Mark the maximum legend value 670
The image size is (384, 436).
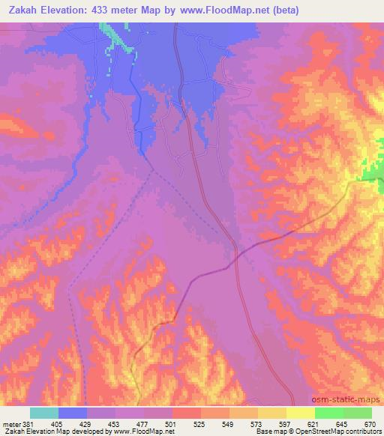[370, 424]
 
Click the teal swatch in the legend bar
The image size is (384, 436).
[44, 413]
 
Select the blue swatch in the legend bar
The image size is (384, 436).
[73, 413]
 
